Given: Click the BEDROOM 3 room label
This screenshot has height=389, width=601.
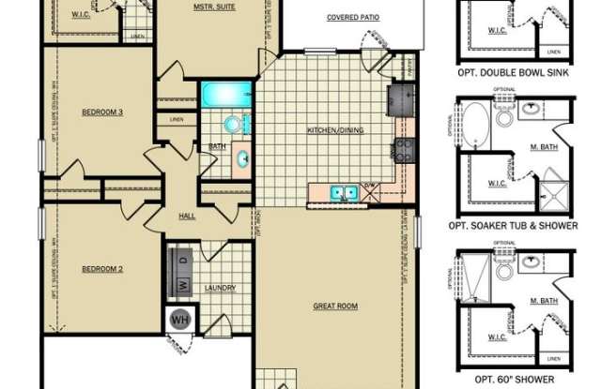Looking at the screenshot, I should click(103, 112).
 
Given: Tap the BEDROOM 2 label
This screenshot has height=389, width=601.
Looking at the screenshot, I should click(103, 269).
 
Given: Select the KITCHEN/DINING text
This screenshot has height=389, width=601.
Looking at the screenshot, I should click(335, 129).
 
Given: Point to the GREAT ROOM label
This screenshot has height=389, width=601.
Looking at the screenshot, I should click(335, 307).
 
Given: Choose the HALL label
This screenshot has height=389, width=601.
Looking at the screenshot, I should click(187, 217).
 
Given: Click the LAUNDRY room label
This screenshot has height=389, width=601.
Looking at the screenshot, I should click(220, 288).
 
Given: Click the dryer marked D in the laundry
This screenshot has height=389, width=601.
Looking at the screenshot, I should click(182, 258).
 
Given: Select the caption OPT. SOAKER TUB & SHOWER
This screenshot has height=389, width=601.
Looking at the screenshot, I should click(513, 225).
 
